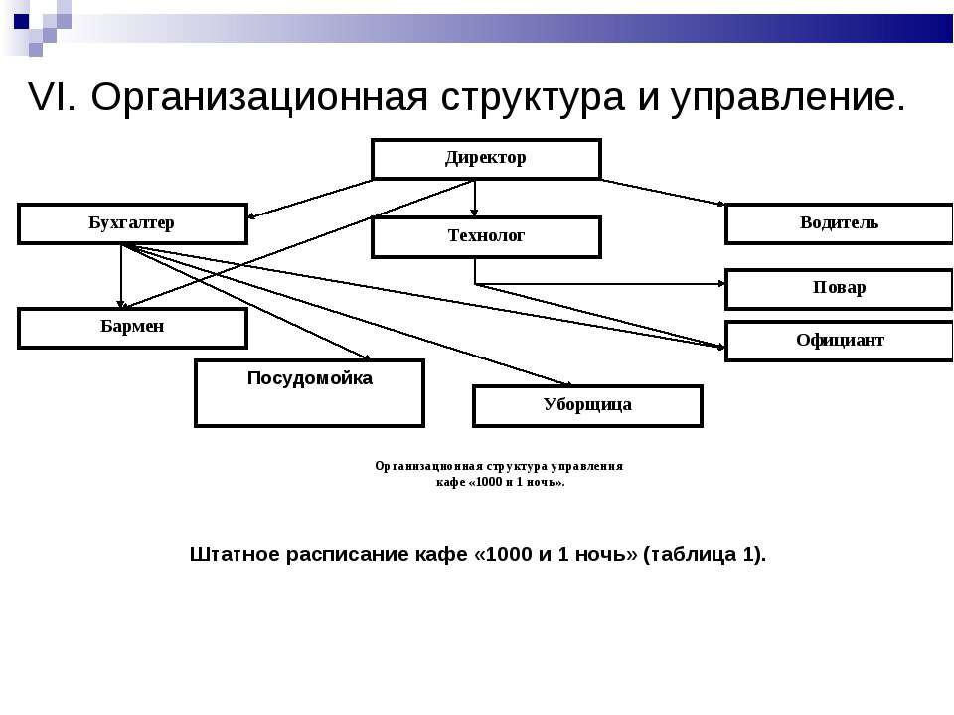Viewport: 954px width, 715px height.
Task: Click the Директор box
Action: (x=486, y=159)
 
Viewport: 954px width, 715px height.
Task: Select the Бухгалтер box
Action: (x=132, y=223)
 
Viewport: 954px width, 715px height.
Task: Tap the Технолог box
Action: (x=486, y=237)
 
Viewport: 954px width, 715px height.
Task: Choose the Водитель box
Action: (x=839, y=223)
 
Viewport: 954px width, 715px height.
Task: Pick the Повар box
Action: (x=839, y=289)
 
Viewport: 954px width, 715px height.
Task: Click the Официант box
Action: (x=839, y=341)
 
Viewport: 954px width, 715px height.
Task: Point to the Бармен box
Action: (x=132, y=328)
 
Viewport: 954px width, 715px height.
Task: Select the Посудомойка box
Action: (x=309, y=393)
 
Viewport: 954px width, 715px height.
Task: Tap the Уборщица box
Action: (x=587, y=405)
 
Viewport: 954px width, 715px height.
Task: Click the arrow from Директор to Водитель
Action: (x=663, y=192)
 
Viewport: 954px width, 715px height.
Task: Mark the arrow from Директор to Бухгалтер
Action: (x=310, y=199)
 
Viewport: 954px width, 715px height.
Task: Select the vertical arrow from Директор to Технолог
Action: (x=475, y=199)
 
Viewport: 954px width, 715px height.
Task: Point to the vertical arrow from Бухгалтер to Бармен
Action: (x=121, y=276)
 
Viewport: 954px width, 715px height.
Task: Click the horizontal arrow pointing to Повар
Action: (x=600, y=283)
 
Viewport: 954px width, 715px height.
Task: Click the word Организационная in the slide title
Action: (x=259, y=97)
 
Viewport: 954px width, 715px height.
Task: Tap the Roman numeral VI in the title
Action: (x=53, y=96)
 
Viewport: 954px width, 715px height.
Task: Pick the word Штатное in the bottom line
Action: (x=235, y=554)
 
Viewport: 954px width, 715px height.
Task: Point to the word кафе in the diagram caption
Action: (x=450, y=483)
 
